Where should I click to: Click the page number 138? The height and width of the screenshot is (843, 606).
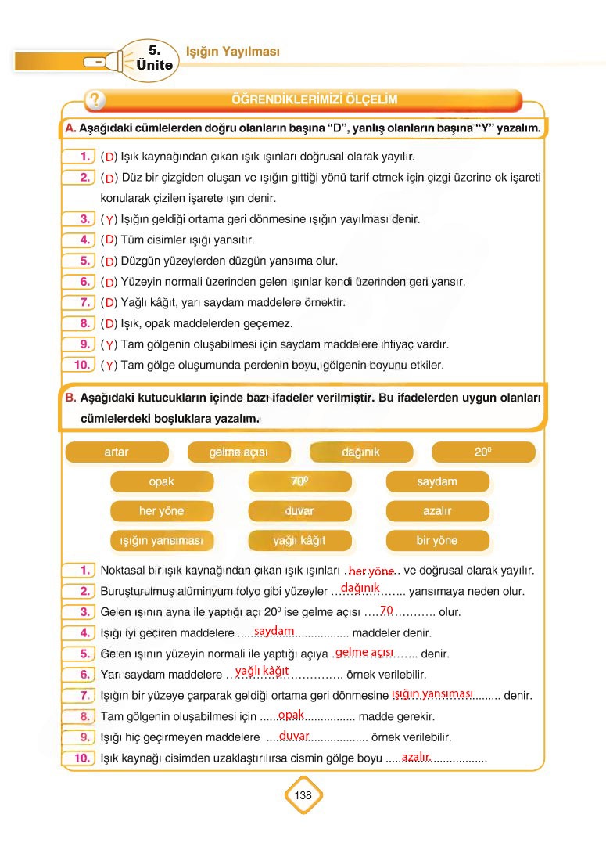click(x=303, y=795)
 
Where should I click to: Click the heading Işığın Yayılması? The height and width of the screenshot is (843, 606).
click(x=232, y=52)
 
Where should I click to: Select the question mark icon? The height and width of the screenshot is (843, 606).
click(x=95, y=100)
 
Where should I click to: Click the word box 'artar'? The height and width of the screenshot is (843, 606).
click(x=117, y=452)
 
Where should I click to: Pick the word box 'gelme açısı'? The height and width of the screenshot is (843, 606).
click(x=238, y=452)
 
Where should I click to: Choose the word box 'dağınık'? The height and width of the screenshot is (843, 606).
click(x=360, y=452)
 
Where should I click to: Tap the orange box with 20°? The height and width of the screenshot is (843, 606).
click(x=482, y=452)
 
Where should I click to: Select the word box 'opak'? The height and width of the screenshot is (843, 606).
click(x=162, y=482)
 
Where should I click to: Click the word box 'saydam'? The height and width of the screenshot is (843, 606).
click(x=437, y=482)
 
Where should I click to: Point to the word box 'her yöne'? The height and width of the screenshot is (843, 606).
click(x=162, y=511)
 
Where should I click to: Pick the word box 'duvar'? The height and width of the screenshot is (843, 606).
click(x=299, y=511)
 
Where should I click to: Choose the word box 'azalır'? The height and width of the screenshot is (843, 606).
click(x=437, y=511)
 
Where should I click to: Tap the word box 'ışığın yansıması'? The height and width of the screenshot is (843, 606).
click(x=162, y=541)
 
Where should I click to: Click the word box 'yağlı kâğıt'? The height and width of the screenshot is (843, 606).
click(x=299, y=541)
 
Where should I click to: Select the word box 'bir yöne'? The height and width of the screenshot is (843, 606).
click(x=437, y=541)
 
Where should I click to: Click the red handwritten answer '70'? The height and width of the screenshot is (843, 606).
click(x=385, y=610)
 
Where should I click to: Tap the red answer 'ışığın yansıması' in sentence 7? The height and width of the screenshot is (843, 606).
click(x=432, y=693)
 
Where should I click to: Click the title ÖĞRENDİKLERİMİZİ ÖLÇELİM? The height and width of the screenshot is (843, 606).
click(x=315, y=99)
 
